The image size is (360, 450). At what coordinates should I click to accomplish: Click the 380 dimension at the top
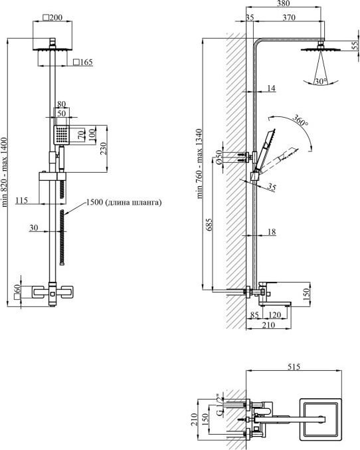(x=284, y=3)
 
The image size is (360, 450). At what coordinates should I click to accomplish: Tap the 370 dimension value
(x=288, y=17)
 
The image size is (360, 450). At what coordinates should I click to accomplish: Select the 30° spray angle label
(x=321, y=82)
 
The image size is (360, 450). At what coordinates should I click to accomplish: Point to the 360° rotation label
(x=300, y=120)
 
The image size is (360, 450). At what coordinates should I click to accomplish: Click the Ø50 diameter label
(x=219, y=158)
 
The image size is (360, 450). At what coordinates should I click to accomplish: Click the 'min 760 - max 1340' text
(x=200, y=164)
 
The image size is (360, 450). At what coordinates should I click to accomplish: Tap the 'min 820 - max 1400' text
(x=4, y=172)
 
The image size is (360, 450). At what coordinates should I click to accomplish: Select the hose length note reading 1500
(x=124, y=202)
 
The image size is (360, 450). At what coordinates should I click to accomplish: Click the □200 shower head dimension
(x=52, y=17)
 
